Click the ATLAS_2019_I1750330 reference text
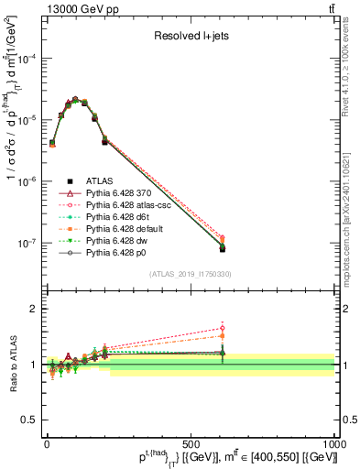(190, 274)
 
